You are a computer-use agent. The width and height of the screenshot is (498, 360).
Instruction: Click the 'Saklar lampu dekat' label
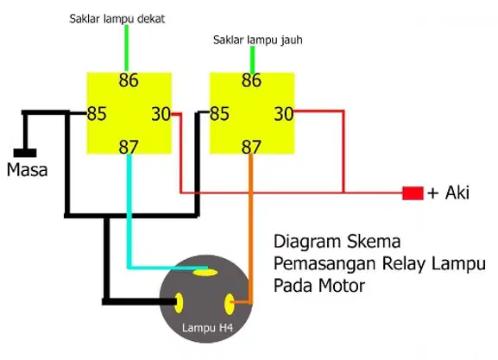[x=117, y=19]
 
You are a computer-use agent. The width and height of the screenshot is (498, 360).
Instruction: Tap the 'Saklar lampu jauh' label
[x=257, y=40]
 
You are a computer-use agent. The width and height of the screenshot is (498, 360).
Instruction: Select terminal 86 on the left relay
[x=129, y=80]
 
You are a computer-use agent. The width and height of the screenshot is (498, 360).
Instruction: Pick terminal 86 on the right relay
[x=251, y=80]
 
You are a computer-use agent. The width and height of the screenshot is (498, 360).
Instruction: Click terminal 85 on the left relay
[x=97, y=114]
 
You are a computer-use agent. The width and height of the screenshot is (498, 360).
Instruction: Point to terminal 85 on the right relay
[x=219, y=114]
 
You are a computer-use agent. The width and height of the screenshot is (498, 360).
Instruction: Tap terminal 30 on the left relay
[x=161, y=114]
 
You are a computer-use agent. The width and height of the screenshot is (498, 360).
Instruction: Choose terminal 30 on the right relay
[x=284, y=114]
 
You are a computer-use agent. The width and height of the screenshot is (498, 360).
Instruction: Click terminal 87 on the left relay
[x=129, y=147]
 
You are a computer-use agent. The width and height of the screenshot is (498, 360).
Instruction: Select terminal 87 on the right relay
[x=251, y=147]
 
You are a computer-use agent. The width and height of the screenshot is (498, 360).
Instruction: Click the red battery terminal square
[x=413, y=193]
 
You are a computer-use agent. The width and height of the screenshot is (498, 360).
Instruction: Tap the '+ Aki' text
[x=448, y=193]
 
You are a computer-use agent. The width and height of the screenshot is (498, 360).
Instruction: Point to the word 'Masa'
[x=28, y=170]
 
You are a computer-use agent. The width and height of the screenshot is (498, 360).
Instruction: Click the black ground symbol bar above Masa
[x=25, y=153]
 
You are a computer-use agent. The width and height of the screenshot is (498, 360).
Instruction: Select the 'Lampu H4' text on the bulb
[x=207, y=327]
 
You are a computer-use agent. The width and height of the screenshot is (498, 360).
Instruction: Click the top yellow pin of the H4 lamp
[x=205, y=272]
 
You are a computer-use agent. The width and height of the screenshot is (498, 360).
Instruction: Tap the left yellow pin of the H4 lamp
[x=179, y=303]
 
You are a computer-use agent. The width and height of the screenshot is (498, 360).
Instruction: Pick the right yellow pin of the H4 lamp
[x=229, y=304]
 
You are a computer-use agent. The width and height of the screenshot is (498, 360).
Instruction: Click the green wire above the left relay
[x=126, y=47]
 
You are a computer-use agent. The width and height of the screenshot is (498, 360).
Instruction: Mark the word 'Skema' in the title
[x=374, y=242]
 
